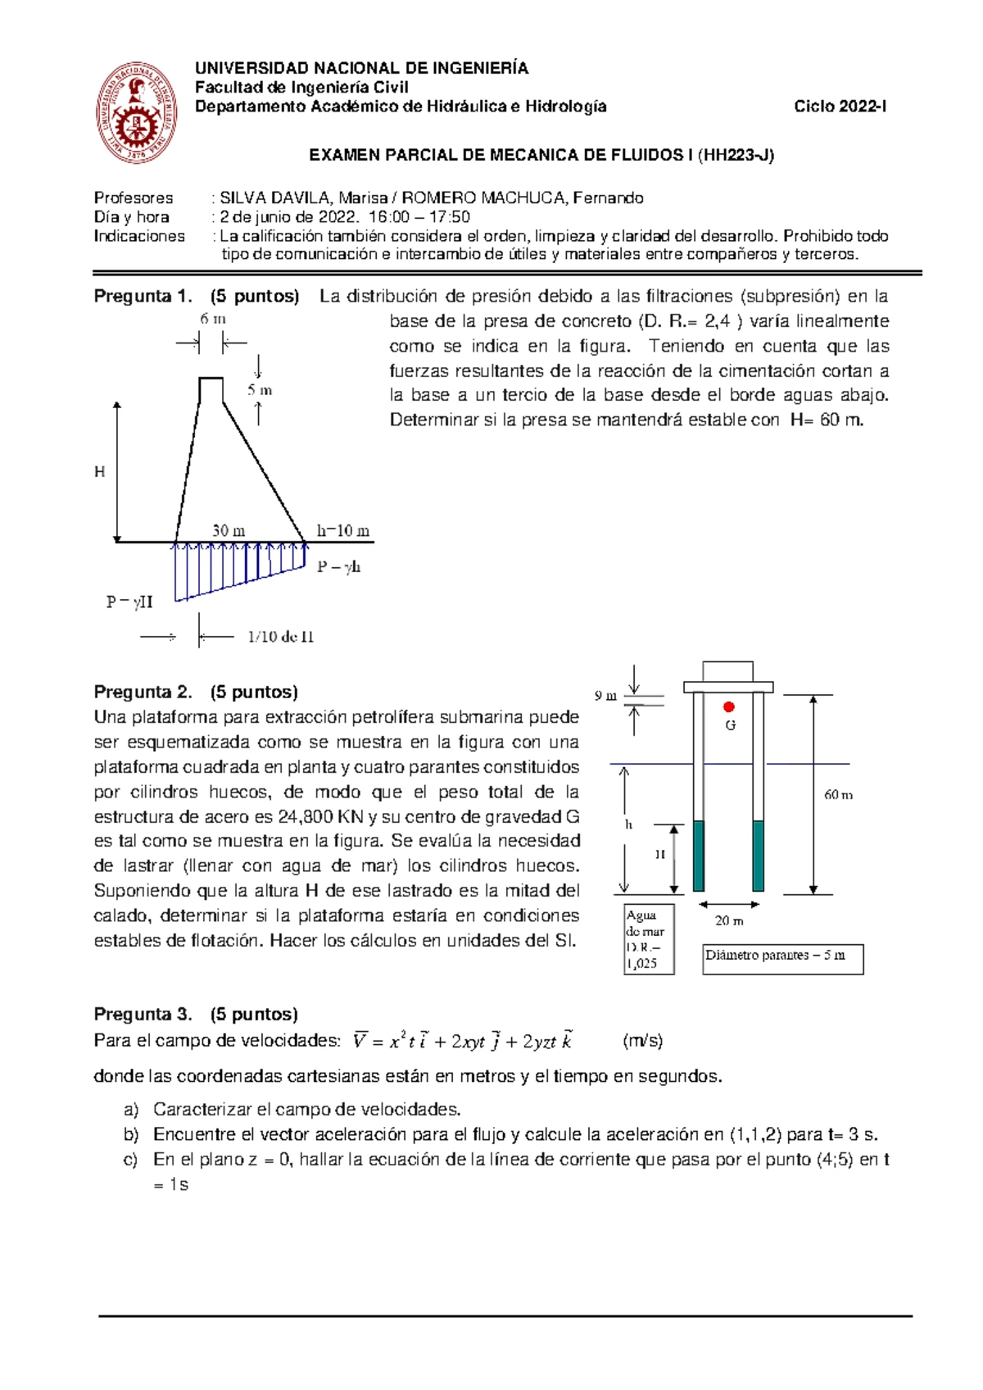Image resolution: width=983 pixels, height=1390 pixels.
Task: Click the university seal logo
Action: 137,112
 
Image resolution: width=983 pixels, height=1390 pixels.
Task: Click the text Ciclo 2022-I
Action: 840,107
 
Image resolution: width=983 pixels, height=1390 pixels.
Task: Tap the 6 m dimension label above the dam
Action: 213,319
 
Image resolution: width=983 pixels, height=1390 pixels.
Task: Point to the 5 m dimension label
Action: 260,390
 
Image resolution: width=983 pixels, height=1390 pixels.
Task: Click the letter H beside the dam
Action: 100,471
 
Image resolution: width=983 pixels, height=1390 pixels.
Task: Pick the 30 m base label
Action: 229,530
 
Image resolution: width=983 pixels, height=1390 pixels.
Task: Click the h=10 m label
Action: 342,530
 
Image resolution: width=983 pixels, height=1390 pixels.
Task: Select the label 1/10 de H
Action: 280,637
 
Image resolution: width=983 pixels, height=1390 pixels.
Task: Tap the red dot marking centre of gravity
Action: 729,706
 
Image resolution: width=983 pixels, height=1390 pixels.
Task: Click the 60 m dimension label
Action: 838,794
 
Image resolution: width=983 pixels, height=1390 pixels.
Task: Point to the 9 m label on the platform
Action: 605,696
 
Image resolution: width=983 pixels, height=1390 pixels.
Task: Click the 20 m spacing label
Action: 729,920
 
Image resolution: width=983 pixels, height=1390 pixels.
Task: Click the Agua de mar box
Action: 649,938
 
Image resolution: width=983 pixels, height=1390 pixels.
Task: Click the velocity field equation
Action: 463,1041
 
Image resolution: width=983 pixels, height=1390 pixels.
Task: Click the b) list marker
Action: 131,1135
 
